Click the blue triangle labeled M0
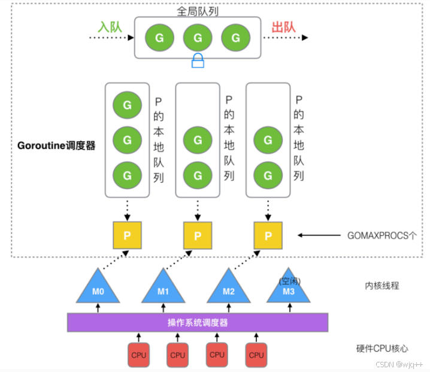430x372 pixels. click(97, 289)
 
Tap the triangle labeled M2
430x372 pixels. click(228, 289)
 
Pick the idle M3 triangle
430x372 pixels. click(289, 289)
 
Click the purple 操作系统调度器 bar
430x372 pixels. click(197, 322)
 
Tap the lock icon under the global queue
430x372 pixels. click(198, 60)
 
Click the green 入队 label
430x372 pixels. click(110, 28)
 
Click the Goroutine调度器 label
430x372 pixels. click(57, 146)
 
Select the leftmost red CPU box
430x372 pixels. click(139, 355)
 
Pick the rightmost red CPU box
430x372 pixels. click(256, 355)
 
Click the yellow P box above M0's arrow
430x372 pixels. click(127, 235)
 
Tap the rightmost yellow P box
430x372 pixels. click(268, 235)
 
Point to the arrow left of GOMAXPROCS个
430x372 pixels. click(321, 235)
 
